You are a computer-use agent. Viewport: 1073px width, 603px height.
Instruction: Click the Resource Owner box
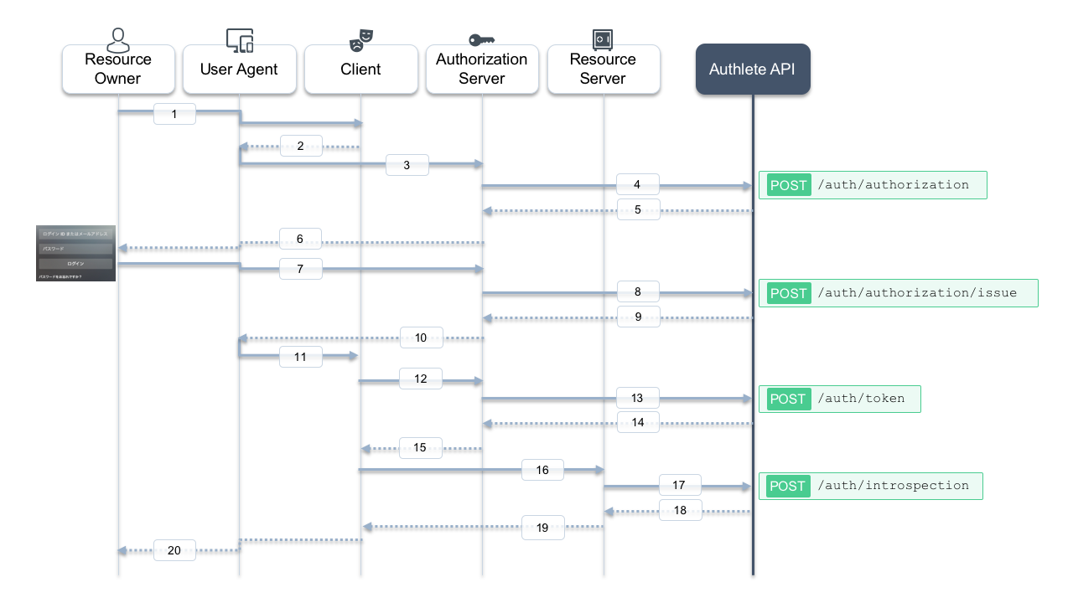pyautogui.click(x=118, y=70)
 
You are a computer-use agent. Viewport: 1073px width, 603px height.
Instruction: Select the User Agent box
pyautogui.click(x=239, y=70)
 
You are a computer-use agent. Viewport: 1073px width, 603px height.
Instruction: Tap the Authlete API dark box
pyautogui.click(x=752, y=70)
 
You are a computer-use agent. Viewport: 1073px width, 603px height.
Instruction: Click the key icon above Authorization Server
pyautogui.click(x=481, y=39)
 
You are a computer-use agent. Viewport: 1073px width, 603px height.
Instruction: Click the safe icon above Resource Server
pyautogui.click(x=603, y=39)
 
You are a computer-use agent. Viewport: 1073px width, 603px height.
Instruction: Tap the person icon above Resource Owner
pyautogui.click(x=119, y=39)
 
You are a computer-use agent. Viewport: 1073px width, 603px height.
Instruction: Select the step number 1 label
pyautogui.click(x=174, y=114)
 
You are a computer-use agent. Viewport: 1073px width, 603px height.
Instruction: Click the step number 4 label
pyautogui.click(x=638, y=184)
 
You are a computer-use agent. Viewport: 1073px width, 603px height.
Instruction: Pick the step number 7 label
pyautogui.click(x=300, y=269)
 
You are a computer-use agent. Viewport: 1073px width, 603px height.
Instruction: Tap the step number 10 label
pyautogui.click(x=421, y=338)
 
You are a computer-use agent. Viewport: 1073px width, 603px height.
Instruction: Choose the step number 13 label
pyautogui.click(x=638, y=398)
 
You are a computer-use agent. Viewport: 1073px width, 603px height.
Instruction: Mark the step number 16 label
pyautogui.click(x=542, y=470)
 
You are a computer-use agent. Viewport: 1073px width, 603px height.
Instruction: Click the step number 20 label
pyautogui.click(x=174, y=550)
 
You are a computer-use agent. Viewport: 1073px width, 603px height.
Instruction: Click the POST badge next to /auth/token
pyautogui.click(x=787, y=399)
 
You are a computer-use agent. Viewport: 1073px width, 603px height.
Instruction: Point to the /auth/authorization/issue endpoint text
pyautogui.click(x=916, y=293)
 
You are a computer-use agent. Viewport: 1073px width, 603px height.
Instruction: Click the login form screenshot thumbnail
pyautogui.click(x=75, y=253)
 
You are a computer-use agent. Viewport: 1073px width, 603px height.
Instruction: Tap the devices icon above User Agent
pyautogui.click(x=240, y=39)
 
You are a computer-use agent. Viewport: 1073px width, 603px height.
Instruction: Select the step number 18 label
pyautogui.click(x=680, y=510)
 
